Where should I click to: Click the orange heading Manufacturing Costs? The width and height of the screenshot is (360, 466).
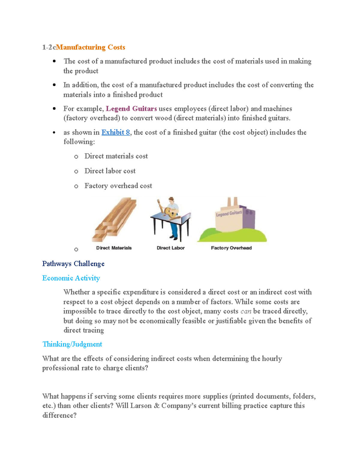[x=90, y=47]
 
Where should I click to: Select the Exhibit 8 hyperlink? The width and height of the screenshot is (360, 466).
[x=115, y=132]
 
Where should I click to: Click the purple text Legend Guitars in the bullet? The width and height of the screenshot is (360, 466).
[x=131, y=109]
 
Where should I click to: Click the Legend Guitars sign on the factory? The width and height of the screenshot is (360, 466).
[x=229, y=214]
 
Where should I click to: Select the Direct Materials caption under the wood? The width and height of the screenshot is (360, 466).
[x=114, y=248]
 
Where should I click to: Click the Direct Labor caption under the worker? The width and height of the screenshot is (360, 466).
[x=170, y=248]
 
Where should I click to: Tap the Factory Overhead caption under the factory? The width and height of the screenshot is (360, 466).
[x=231, y=248]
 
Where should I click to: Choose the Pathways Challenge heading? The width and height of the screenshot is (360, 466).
[x=73, y=264]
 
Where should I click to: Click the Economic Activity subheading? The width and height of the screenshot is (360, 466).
[x=71, y=278]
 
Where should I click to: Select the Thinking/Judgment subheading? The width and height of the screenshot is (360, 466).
[x=72, y=344]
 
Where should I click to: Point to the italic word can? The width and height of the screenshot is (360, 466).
[x=246, y=311]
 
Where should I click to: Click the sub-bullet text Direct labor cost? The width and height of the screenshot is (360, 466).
[x=110, y=171]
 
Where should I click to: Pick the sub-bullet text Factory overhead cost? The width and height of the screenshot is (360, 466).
[x=118, y=186]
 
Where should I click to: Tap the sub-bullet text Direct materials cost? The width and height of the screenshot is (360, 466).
[x=116, y=156]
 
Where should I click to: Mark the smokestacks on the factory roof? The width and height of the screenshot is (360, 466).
[x=232, y=202]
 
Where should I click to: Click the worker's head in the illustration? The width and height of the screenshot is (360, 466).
[x=171, y=200]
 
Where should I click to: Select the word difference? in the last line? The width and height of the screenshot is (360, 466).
[x=59, y=416]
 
